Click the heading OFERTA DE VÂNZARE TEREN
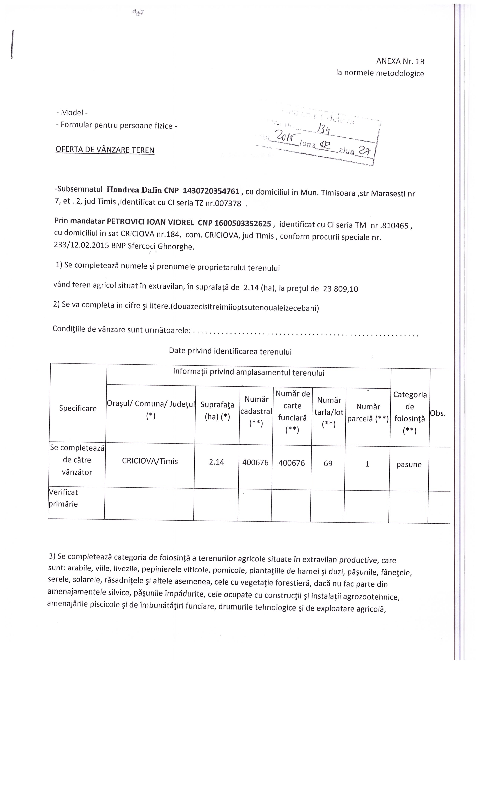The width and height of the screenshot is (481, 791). tap(105, 150)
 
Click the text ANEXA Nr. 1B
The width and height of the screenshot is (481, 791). tap(400, 61)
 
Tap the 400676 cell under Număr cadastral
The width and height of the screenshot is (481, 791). tap(255, 463)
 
